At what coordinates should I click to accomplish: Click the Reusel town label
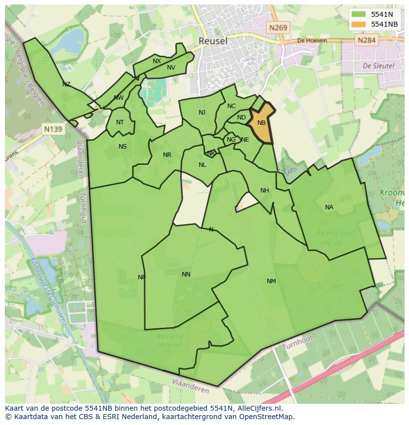tap(213, 41)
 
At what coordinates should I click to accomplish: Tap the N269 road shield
tap(278, 28)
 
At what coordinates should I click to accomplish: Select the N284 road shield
tap(367, 40)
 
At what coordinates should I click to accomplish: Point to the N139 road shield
tap(53, 129)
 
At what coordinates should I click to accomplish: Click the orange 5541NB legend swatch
tap(359, 24)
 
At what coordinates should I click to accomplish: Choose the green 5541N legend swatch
tap(359, 14)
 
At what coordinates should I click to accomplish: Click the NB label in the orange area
tap(261, 123)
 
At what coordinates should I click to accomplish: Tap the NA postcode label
tap(329, 207)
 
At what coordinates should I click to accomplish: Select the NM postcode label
tap(271, 281)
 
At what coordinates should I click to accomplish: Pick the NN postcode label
tap(186, 274)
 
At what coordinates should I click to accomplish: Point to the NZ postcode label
tap(66, 84)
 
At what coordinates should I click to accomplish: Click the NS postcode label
tap(123, 147)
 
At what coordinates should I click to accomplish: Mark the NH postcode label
tap(265, 191)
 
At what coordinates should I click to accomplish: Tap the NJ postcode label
tap(202, 113)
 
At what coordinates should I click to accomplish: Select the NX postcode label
tap(157, 61)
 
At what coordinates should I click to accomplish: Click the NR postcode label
tap(167, 155)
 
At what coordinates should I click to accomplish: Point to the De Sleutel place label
tap(378, 66)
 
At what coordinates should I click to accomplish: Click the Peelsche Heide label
tap(332, 238)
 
